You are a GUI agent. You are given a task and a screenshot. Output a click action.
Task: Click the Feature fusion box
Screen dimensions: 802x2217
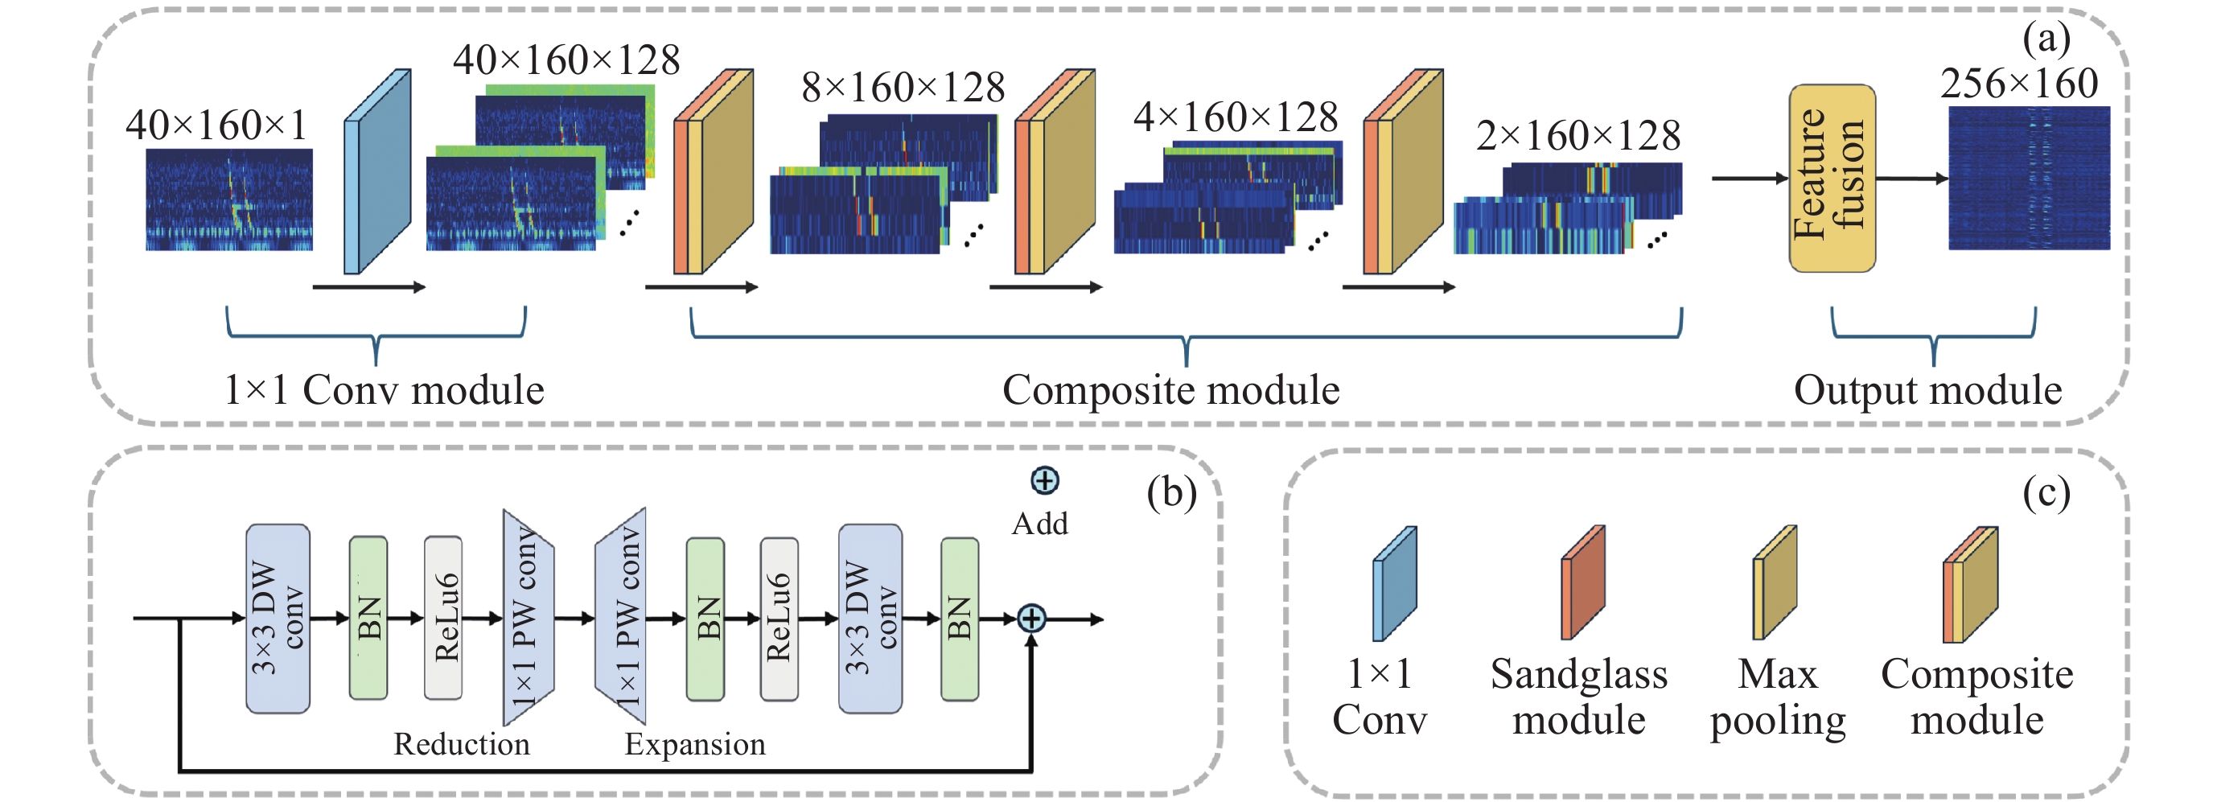[1832, 178]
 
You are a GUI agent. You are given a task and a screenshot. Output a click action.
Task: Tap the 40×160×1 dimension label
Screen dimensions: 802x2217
[216, 125]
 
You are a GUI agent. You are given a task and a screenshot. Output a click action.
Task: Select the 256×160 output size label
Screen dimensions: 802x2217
[2018, 84]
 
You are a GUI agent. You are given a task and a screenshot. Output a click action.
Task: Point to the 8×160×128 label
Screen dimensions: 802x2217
[903, 88]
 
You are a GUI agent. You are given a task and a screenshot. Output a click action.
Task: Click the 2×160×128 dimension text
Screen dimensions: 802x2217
[1577, 136]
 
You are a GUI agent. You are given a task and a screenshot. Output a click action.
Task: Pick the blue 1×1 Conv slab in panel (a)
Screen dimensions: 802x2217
[377, 172]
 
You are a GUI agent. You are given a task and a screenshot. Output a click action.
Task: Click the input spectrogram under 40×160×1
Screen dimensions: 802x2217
[229, 199]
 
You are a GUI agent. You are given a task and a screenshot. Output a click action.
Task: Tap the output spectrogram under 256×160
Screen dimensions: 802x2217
[2029, 178]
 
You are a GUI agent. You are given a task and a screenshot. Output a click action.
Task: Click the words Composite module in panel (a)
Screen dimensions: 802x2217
[1170, 390]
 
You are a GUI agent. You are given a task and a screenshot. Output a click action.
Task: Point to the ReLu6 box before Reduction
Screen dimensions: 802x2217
[443, 618]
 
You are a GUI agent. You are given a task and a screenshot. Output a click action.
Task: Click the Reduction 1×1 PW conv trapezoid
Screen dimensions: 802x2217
[528, 618]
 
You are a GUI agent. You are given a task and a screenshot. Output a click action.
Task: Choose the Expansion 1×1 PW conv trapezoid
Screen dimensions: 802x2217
[620, 618]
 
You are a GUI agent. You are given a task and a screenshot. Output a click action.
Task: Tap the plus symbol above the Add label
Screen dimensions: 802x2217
[1044, 480]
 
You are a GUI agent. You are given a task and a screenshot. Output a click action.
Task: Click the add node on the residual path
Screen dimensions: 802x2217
[1031, 618]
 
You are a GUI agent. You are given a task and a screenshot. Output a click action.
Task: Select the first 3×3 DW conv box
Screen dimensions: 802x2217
[277, 618]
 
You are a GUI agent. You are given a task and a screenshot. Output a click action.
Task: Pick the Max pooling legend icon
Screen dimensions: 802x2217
[1775, 583]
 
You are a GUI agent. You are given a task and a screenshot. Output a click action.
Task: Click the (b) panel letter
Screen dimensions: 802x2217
[1170, 494]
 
